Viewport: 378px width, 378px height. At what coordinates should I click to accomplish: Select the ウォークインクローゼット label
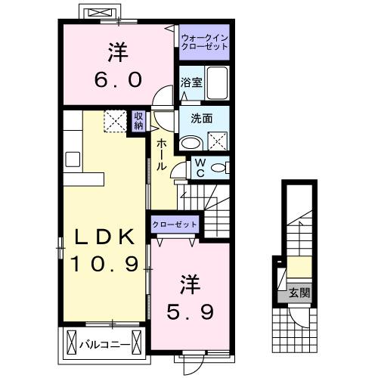(204, 42)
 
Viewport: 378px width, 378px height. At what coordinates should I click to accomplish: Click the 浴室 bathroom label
(191, 83)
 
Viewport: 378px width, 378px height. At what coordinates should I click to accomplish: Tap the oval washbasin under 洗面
(191, 142)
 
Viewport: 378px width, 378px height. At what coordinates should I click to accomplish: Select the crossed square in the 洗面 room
(218, 138)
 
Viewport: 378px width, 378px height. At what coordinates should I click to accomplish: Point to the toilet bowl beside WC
(218, 168)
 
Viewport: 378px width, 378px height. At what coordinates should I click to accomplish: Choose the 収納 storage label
(139, 121)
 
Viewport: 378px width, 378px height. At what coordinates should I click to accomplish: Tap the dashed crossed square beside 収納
(116, 121)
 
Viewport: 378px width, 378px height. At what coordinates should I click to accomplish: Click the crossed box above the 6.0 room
(98, 14)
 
